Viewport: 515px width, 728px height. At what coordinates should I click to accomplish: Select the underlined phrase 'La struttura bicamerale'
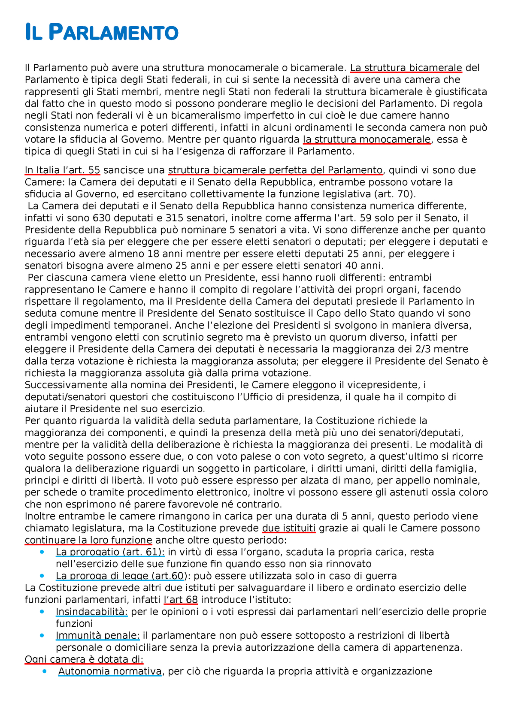[406, 68]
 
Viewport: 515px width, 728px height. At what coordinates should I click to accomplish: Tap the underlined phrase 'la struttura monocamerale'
[366, 139]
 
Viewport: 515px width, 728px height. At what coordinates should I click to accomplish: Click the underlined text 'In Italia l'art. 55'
[62, 170]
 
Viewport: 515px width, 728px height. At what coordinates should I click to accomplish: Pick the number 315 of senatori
[174, 218]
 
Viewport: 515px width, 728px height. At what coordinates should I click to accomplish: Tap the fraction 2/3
[434, 349]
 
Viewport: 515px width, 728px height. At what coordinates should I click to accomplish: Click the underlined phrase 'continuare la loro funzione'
[88, 540]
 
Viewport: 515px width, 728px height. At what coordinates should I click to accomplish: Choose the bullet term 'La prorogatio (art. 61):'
[110, 552]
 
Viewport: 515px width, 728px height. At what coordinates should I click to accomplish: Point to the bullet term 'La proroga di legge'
[102, 576]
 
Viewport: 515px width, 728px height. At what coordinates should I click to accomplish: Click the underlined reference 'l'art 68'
[181, 600]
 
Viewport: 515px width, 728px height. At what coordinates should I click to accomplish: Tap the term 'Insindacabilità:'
[91, 612]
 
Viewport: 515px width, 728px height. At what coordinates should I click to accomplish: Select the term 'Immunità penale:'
[97, 635]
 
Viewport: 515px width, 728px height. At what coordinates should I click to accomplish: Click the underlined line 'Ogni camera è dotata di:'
[84, 659]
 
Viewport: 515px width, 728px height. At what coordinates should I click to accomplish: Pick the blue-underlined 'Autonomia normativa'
[110, 671]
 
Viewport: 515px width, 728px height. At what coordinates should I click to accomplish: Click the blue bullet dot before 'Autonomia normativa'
[45, 671]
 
